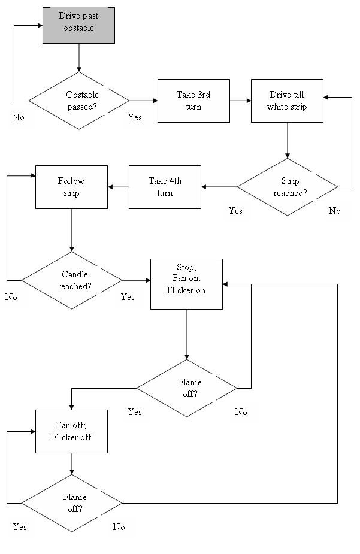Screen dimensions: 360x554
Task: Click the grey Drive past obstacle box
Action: coord(79,25)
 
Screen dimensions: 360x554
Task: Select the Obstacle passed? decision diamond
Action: coord(79,101)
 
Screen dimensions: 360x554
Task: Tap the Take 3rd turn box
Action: coord(193,101)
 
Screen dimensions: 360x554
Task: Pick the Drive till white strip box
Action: coord(288,101)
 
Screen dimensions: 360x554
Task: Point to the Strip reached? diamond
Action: coord(288,187)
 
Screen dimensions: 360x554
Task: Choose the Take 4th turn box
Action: coord(165,187)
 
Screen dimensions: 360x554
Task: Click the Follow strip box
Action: coord(72,187)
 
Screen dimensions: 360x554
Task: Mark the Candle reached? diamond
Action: coord(72,280)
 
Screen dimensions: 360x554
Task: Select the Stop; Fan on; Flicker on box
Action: coord(186,284)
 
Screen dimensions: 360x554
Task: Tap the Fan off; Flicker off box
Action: coord(72,431)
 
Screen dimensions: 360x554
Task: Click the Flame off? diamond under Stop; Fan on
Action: coord(186,388)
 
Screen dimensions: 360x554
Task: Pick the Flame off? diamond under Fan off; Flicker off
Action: coord(72,503)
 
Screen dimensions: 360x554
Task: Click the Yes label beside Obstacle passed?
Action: coord(135,117)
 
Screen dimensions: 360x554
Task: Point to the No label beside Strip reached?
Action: coord(335,211)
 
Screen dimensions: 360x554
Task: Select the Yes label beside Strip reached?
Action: coord(235,211)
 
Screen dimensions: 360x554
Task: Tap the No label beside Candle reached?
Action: coord(11,297)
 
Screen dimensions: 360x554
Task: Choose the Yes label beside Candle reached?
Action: coord(128,297)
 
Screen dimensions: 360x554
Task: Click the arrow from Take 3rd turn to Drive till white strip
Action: coord(241,101)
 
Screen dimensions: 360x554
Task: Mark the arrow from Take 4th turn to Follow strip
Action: coord(119,187)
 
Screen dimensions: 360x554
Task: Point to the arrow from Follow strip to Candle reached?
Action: coord(72,231)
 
